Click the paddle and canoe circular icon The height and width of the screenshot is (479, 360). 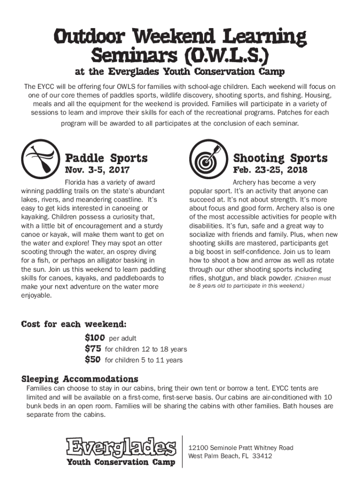40,159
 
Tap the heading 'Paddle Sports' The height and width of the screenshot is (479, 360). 106,158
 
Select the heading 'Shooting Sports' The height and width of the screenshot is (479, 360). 280,158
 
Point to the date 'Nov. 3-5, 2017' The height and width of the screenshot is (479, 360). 97,170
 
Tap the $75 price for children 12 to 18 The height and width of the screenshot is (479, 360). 93,348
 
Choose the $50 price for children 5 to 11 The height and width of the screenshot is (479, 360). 93,360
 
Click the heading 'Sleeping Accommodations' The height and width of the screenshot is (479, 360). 79,378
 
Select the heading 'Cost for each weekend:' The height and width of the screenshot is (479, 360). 73,324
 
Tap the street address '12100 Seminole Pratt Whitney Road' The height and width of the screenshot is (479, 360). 240,448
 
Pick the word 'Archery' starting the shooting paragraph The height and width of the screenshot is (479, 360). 243,182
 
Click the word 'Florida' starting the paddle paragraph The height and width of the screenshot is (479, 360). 75,182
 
